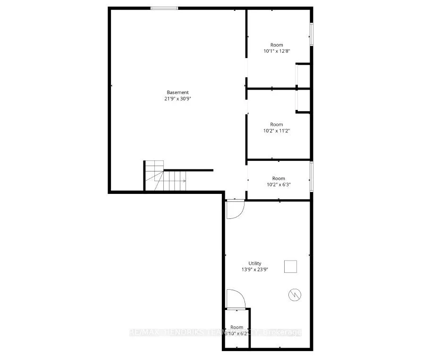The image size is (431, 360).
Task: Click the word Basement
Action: (177, 92)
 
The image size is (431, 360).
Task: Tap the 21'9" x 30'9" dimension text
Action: (177, 99)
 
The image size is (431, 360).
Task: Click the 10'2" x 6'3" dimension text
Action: (279, 184)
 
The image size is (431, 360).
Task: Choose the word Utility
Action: (255, 263)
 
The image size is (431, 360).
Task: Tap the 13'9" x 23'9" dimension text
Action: (255, 270)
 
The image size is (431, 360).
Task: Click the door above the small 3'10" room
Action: (235, 300)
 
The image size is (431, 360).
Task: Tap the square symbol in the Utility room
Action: (290, 267)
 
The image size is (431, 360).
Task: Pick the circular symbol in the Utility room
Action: (294, 295)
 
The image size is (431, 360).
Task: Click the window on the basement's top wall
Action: (164, 8)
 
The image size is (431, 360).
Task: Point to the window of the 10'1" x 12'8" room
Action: (311, 34)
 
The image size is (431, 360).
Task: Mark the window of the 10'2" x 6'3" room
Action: (311, 176)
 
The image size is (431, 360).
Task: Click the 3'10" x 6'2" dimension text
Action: (237, 333)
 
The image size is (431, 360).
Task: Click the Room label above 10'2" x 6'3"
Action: (279, 178)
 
